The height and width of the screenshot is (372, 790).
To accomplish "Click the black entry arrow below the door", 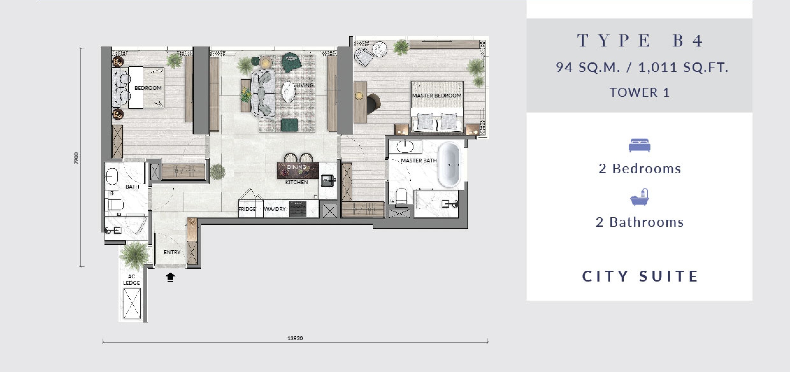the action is point(170,277).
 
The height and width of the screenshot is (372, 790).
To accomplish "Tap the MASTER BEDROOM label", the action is point(437,96).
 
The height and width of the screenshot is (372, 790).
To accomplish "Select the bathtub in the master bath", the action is point(449,165).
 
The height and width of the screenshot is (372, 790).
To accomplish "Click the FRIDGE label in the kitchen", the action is point(247,209).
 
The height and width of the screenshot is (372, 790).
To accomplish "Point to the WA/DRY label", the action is point(275,209).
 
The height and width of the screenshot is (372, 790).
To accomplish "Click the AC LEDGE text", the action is point(132,280).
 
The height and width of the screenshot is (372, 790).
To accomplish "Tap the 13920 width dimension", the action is point(295,338).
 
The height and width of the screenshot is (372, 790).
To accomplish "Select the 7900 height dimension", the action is point(76,158).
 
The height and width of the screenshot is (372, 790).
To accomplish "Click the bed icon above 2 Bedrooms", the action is point(639,146).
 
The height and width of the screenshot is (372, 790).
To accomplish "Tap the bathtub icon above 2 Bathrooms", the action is point(639,197).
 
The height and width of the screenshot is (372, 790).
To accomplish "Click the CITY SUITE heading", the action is point(640,276).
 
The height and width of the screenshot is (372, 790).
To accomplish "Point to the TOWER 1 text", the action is point(640,93).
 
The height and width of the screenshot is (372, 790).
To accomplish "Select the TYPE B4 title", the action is point(640,41).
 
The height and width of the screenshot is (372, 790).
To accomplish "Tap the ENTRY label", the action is point(172,252).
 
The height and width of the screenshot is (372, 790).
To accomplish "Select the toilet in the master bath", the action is point(401,196).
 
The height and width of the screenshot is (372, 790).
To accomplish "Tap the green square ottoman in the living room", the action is point(290,125).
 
